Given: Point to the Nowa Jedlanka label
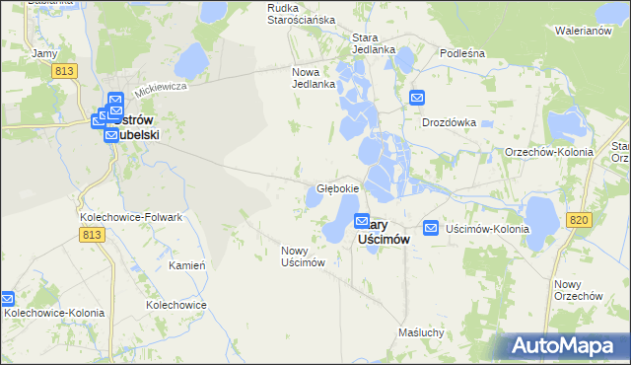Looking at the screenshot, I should click(x=315, y=78).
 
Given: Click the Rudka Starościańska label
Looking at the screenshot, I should click(x=302, y=13).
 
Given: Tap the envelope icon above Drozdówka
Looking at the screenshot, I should click(x=417, y=99).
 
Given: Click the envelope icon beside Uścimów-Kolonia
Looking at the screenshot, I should click(x=431, y=228).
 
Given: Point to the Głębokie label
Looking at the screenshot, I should click(x=337, y=187).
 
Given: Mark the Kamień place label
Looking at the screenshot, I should click(x=186, y=266).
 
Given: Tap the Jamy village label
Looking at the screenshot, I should click(x=43, y=52).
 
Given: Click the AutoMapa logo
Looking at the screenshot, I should click(x=567, y=345).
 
